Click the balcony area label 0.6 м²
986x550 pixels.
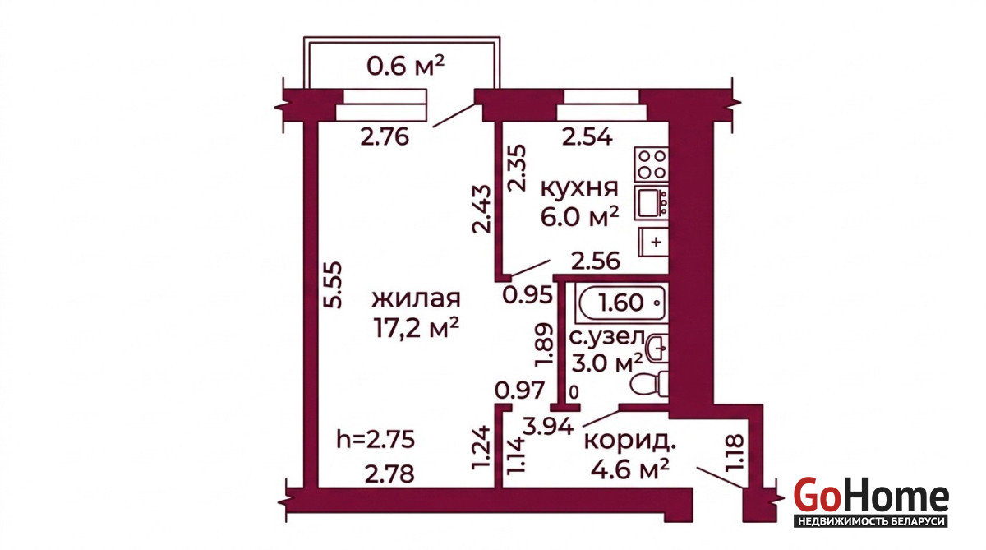(x=405, y=66)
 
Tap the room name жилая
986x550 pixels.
(x=416, y=298)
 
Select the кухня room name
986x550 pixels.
(x=578, y=188)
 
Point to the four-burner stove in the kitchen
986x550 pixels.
(x=652, y=164)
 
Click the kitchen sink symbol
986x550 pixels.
(x=652, y=203)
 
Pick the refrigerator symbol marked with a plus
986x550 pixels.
(x=654, y=242)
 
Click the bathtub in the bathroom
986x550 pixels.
(x=622, y=303)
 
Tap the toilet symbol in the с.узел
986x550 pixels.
(x=650, y=384)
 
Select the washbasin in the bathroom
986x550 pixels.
(x=657, y=348)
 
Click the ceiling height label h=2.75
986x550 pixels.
(x=376, y=440)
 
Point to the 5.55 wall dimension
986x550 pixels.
(x=332, y=285)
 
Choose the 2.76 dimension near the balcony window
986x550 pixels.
(x=385, y=137)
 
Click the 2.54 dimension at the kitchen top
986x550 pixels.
(x=587, y=137)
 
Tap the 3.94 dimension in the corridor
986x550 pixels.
(x=549, y=426)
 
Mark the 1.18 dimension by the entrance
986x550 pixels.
(x=734, y=452)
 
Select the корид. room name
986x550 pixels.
(x=629, y=442)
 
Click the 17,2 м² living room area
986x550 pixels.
(x=417, y=328)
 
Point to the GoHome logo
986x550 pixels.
(x=871, y=501)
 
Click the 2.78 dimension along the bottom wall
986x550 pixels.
(x=389, y=474)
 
